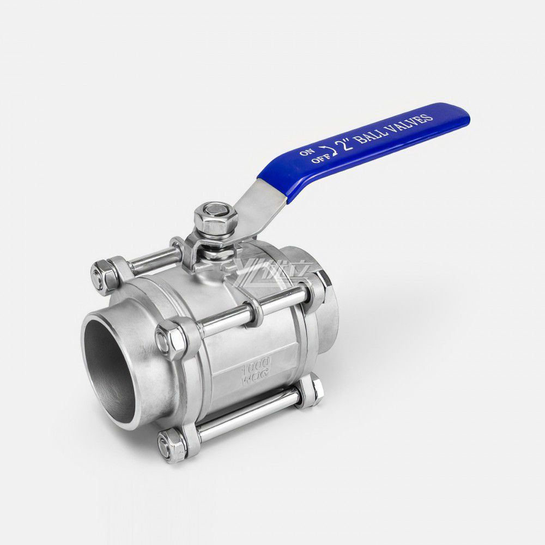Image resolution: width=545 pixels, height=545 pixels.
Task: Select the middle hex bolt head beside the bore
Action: tap(171, 338)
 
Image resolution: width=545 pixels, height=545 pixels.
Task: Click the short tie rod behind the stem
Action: tap(153, 262)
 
